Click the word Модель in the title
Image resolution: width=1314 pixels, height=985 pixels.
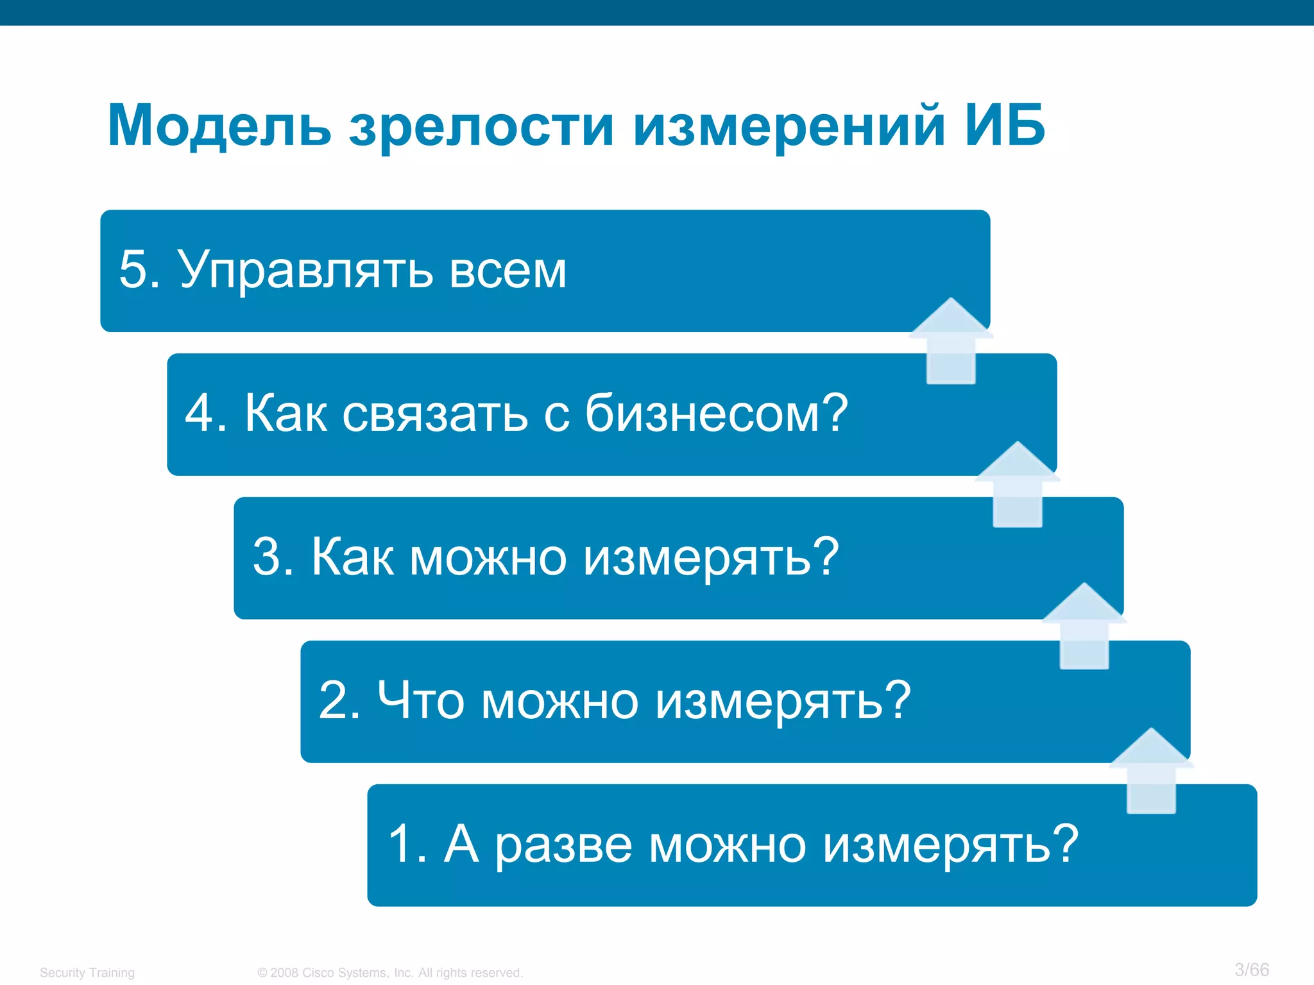(x=219, y=126)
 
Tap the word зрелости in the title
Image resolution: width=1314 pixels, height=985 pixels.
(x=481, y=128)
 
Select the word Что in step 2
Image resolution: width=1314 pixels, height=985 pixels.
(x=420, y=700)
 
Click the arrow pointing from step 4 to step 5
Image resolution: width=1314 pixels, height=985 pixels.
(x=951, y=341)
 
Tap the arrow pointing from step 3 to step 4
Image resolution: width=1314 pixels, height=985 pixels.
(x=1018, y=485)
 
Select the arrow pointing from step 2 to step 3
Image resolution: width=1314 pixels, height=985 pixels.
(x=1084, y=627)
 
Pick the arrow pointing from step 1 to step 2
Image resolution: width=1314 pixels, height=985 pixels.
(x=1151, y=771)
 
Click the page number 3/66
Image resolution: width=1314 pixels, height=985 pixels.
(x=1252, y=970)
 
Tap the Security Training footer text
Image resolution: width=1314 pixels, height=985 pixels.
(x=87, y=973)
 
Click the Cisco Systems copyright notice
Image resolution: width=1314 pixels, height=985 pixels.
(x=390, y=973)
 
